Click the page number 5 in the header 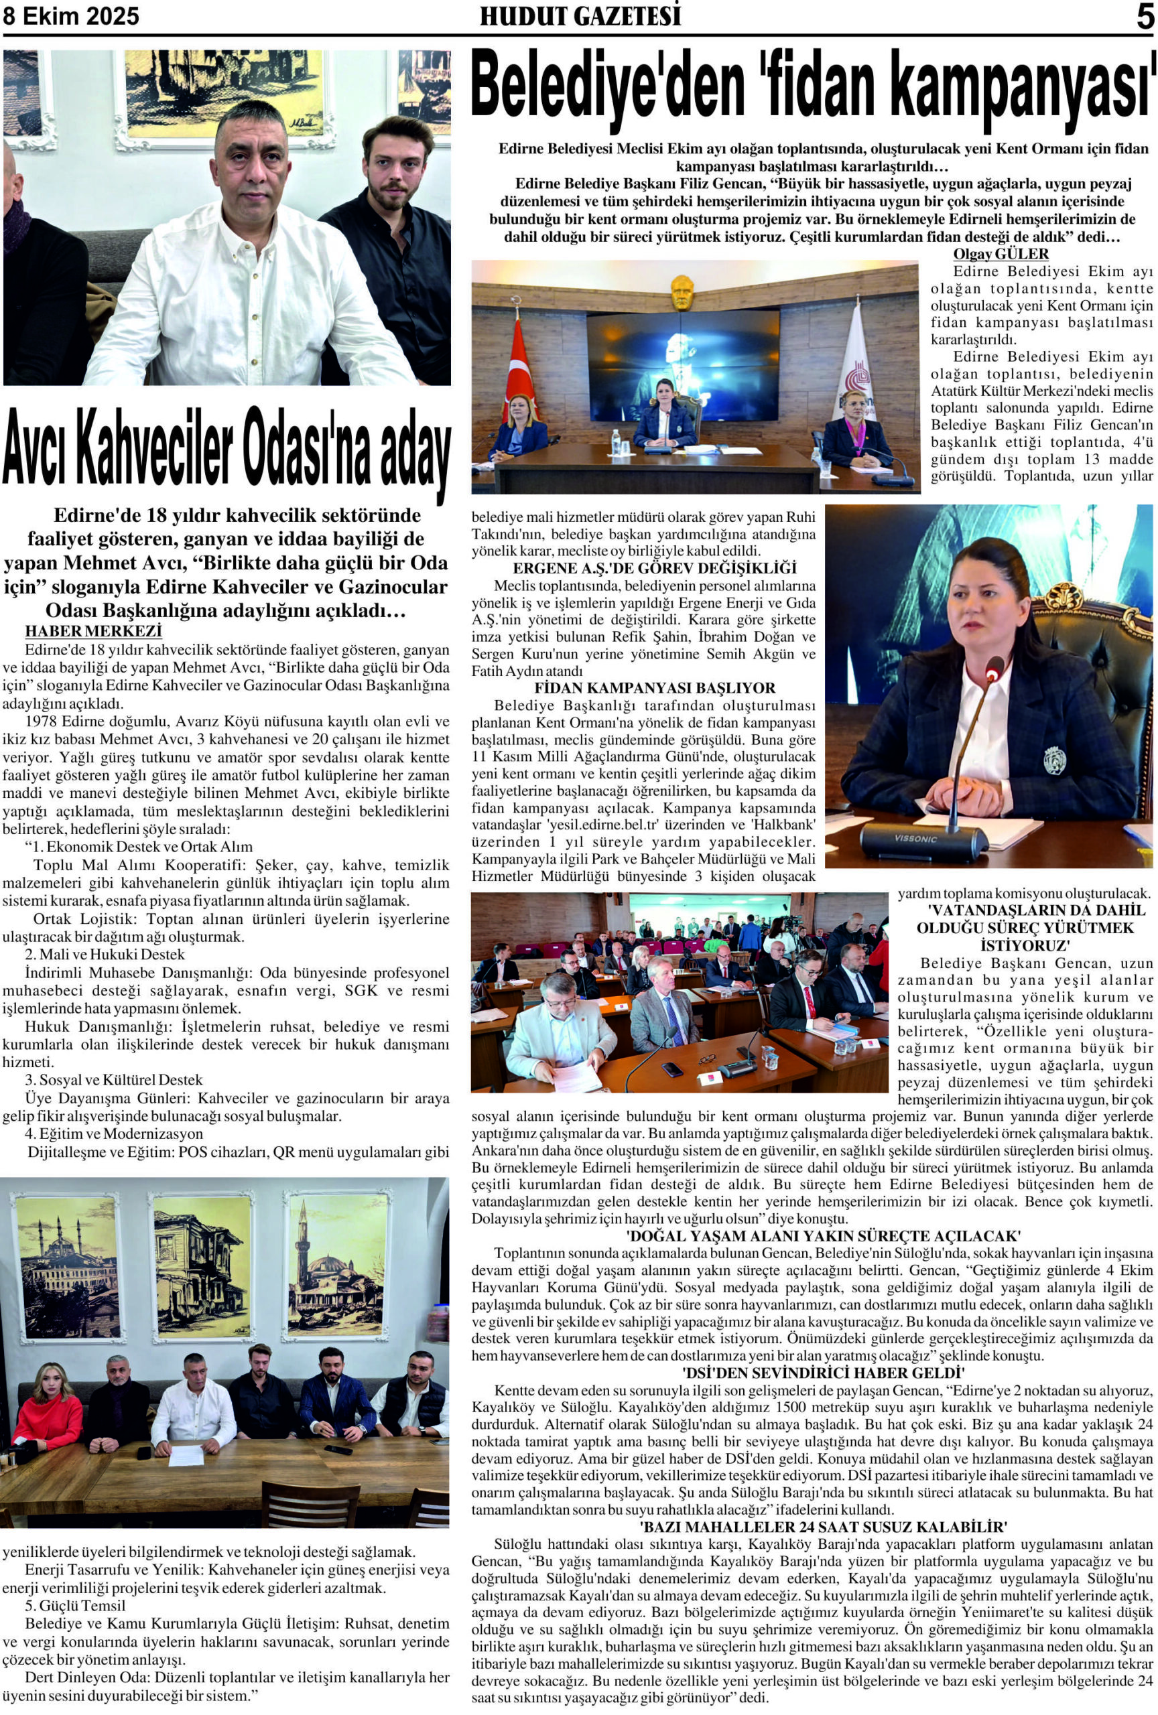1144,16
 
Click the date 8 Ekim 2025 72,16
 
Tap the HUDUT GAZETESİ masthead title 580,16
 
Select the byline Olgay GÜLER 1000,254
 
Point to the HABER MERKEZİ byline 93,632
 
